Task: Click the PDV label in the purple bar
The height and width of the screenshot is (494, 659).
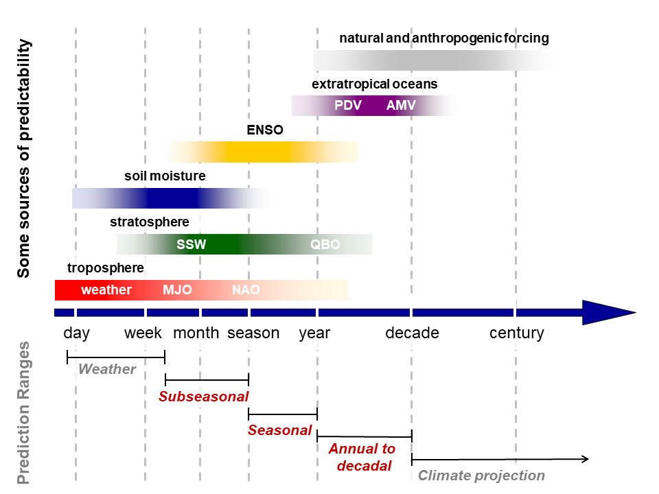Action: (348, 105)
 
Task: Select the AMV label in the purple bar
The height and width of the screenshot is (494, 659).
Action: (401, 105)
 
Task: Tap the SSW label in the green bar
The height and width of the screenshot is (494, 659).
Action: (192, 244)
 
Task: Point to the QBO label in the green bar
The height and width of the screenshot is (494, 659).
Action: (325, 244)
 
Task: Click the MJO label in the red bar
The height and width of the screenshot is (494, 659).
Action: (177, 290)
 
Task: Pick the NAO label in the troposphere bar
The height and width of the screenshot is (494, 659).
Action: (246, 290)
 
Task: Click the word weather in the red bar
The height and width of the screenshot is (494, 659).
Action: (106, 290)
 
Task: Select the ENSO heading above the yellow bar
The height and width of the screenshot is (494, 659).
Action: (265, 130)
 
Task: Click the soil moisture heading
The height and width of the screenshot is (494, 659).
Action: (165, 176)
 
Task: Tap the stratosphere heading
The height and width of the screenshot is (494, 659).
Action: (149, 222)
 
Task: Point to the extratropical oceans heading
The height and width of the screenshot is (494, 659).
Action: (375, 84)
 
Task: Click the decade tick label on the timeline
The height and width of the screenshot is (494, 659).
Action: (413, 333)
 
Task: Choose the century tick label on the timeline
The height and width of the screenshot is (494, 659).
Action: (516, 333)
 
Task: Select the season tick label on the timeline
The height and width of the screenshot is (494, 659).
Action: (253, 333)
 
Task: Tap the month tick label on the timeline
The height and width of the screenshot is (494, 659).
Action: (196, 333)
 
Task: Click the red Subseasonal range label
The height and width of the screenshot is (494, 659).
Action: (203, 397)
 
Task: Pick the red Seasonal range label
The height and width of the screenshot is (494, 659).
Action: (279, 430)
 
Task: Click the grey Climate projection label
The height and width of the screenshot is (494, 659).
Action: (481, 475)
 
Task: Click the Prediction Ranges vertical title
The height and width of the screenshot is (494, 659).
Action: (23, 412)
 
